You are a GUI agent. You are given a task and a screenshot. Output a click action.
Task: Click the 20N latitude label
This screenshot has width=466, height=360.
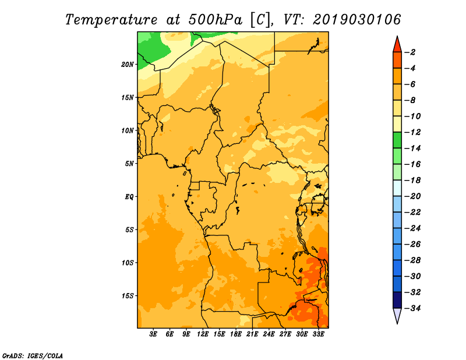click(x=128, y=64)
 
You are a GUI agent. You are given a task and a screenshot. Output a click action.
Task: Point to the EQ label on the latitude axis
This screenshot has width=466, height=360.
click(x=129, y=197)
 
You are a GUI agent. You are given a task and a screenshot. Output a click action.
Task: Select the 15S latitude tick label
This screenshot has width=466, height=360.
click(x=128, y=296)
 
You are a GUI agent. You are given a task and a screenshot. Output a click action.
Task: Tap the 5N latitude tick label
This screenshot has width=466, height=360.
click(x=129, y=164)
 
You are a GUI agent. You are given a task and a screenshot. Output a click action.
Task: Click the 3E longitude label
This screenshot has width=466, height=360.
click(x=153, y=334)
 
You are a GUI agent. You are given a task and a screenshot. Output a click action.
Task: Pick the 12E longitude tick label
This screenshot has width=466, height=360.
click(x=202, y=334)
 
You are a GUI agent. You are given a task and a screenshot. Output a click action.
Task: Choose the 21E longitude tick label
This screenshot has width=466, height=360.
click(x=252, y=334)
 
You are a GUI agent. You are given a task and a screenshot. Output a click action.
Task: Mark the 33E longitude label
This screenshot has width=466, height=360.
click(x=318, y=334)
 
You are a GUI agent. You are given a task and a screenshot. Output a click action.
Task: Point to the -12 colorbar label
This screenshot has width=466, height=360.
click(x=412, y=132)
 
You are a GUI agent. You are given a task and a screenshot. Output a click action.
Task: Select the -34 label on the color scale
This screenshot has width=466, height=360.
click(x=412, y=308)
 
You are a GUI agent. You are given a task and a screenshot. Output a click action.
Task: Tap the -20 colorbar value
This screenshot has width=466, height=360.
click(x=412, y=196)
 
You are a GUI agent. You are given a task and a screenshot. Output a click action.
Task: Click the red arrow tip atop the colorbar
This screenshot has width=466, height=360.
click(x=397, y=36)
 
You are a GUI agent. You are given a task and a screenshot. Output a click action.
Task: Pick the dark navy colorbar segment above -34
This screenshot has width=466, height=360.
click(x=397, y=300)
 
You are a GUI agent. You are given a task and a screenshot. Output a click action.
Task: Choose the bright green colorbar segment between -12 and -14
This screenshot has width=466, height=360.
click(x=397, y=140)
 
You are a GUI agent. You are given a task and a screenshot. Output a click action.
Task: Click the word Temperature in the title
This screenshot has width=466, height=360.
click(x=111, y=20)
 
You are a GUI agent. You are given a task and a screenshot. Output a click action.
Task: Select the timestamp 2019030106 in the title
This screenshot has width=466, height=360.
click(x=357, y=19)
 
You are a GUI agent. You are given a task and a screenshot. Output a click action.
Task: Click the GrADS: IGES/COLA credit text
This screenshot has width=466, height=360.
click(x=33, y=356)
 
